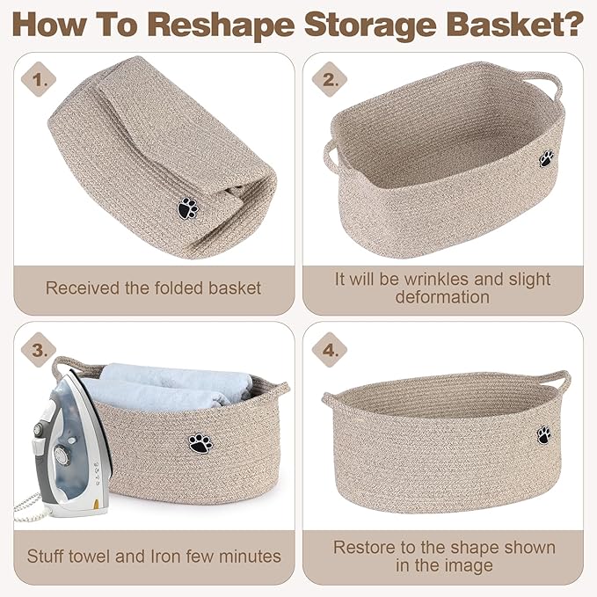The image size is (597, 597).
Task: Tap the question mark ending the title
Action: pos(572,25)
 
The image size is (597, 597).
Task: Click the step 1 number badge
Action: pos(39,80)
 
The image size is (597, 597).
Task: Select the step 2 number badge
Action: pos(330,80)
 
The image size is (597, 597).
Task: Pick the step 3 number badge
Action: pos(39,350)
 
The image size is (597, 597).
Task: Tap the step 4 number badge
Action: pos(330,350)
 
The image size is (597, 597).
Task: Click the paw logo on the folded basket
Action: pos(187,208)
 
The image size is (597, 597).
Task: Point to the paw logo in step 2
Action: pos(547,158)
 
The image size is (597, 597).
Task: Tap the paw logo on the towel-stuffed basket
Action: pos(200,443)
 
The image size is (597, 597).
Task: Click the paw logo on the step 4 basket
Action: pos(544,435)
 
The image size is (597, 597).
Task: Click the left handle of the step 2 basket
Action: pos(331,157)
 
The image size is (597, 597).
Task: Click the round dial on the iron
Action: pos(61,455)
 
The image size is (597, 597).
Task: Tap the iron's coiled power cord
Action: pos(27,506)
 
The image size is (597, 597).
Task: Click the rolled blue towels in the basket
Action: pos(168,387)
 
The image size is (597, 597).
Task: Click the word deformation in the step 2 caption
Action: pos(442,297)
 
